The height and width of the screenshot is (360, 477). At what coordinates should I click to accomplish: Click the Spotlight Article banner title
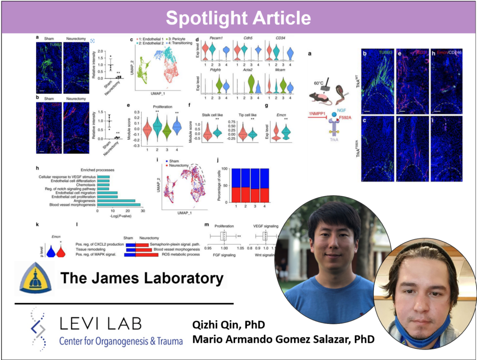click(x=238, y=18)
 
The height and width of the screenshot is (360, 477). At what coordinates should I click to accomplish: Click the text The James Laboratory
click(x=142, y=279)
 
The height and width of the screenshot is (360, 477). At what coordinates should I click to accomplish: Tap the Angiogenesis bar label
click(x=81, y=200)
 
